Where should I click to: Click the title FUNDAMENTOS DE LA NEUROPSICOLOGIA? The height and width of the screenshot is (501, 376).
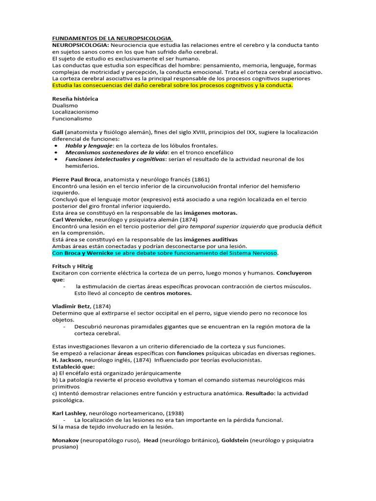(x=112, y=38)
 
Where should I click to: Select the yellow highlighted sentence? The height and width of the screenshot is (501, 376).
(x=172, y=85)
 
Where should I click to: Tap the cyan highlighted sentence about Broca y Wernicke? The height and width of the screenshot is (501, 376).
(x=165, y=253)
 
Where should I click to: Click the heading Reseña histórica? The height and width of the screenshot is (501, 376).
(x=75, y=99)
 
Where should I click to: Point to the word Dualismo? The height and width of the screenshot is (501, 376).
(x=65, y=105)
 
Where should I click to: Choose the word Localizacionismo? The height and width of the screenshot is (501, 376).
(x=75, y=112)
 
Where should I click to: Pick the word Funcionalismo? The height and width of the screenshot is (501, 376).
(x=72, y=119)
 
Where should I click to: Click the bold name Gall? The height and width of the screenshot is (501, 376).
(x=57, y=132)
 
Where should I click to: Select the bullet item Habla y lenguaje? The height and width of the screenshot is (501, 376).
(x=89, y=146)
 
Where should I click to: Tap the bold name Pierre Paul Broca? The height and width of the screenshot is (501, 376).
(x=76, y=180)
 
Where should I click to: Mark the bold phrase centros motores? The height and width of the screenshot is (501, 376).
(x=167, y=293)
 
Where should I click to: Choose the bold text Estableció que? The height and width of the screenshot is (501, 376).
(x=73, y=366)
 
